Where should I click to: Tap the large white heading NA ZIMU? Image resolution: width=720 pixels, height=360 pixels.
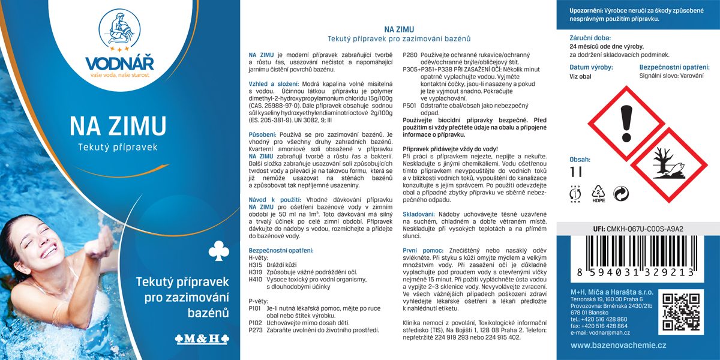tap(118, 126)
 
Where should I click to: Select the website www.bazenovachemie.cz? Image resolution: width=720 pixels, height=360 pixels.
tap(619, 345)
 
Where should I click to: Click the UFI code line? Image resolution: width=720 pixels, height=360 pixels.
tap(638, 228)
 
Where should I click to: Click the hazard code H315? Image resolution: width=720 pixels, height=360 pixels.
tap(256, 265)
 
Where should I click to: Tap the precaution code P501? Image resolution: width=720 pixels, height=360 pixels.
tap(409, 105)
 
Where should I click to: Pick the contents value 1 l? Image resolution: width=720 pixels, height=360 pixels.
tap(577, 172)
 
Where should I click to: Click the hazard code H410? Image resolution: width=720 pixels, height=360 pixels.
tap(256, 279)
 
